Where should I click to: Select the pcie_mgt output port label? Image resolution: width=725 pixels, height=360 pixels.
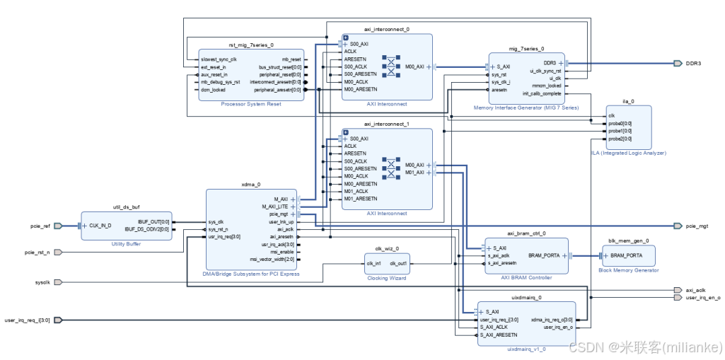pos(696,226)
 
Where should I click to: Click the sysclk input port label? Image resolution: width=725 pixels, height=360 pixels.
pos(42,282)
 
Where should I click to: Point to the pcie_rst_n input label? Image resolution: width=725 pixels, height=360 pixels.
pos(37,252)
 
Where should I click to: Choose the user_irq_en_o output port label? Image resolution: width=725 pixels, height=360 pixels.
pos(702,298)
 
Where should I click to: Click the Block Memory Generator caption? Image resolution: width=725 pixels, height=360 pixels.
pos(628,269)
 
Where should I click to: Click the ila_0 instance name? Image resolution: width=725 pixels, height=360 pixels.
pos(627,101)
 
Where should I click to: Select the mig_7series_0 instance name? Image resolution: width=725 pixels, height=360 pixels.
pos(526,49)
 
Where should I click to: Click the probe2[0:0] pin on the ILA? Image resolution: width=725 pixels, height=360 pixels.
pos(620,139)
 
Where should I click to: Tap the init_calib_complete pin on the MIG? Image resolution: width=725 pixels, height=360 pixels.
pos(542,93)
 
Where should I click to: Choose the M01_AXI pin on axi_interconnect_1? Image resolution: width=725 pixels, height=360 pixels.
pos(414,173)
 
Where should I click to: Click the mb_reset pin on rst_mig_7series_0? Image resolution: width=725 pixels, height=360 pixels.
pos(291,59)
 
